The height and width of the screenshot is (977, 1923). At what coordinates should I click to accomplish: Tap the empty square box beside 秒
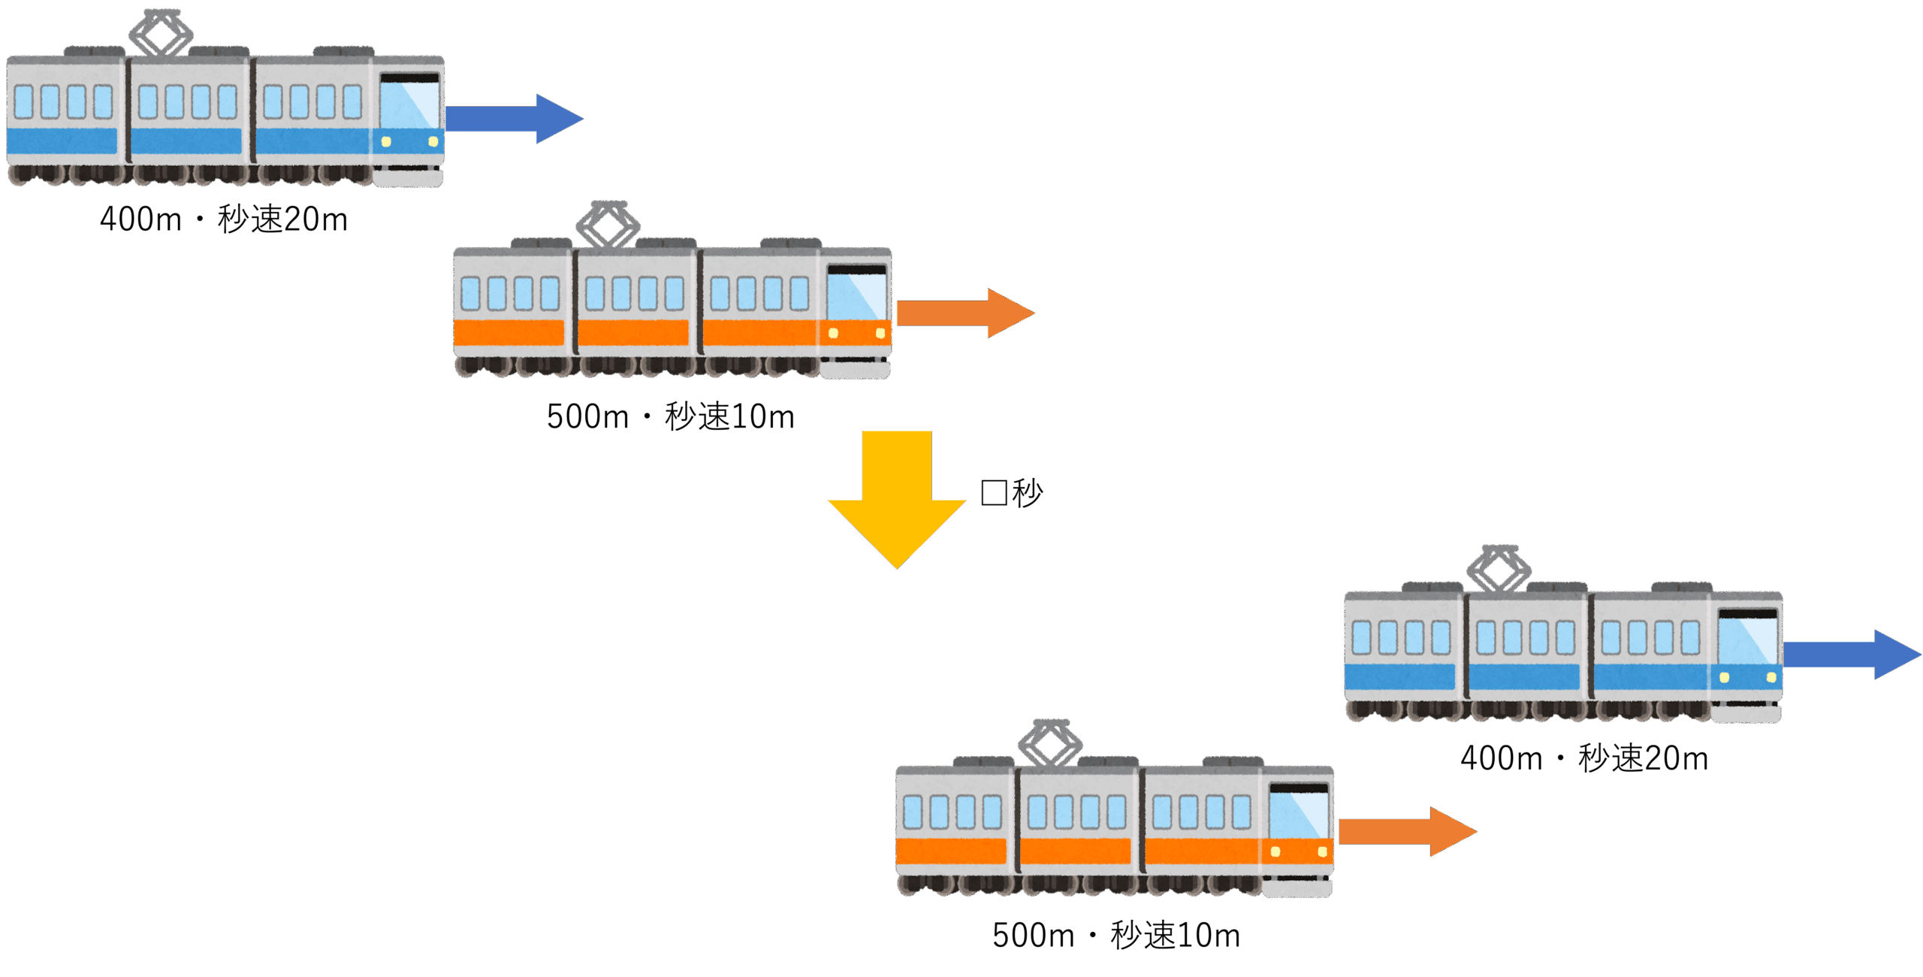(993, 493)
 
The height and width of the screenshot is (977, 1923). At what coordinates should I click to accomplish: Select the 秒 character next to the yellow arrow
(1027, 493)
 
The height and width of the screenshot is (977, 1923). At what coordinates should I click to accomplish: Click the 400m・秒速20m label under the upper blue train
(224, 219)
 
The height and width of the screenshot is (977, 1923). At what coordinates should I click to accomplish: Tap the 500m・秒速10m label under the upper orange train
(670, 416)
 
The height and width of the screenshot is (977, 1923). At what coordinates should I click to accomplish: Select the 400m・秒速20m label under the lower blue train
(1583, 758)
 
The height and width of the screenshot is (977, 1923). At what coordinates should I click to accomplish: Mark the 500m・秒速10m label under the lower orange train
(1115, 936)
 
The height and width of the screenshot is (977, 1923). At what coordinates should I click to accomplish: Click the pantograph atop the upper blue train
(161, 33)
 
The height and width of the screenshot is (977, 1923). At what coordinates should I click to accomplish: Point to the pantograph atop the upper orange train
(608, 225)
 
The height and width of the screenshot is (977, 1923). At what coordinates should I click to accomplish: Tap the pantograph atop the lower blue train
(1499, 569)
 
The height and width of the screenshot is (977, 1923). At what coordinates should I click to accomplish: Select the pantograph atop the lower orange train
(1050, 743)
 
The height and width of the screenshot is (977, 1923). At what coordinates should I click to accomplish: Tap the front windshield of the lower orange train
(1299, 813)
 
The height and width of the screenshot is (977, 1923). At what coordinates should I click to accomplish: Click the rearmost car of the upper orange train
(511, 308)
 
